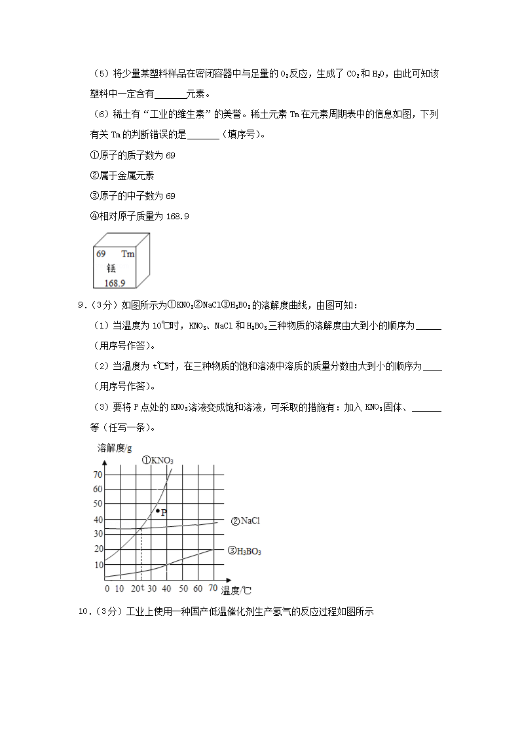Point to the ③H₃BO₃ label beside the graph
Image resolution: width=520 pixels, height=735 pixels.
(x=244, y=551)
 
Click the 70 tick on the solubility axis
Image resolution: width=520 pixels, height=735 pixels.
(x=98, y=475)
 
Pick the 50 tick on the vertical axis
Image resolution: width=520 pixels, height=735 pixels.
(x=98, y=504)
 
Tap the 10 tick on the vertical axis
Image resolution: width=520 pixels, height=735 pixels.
(x=98, y=565)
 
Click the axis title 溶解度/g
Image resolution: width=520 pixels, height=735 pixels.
(x=115, y=448)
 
